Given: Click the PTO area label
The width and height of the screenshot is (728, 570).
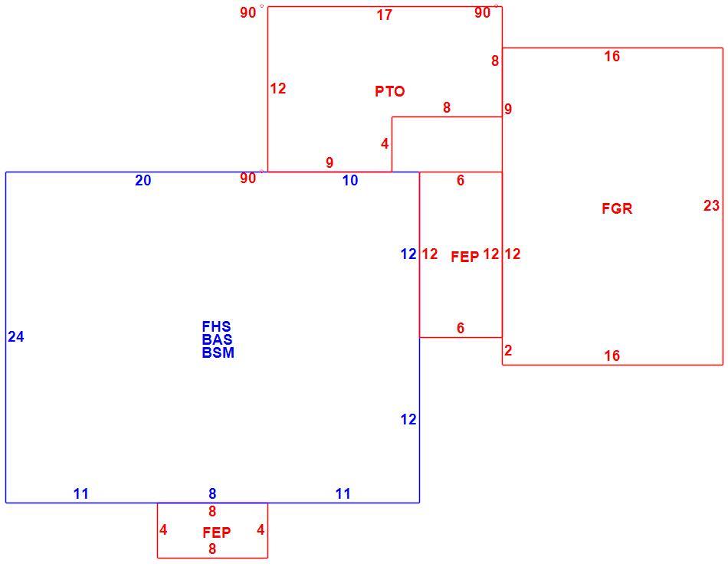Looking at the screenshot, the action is pos(389,91).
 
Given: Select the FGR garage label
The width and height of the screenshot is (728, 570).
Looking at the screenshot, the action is pos(617,208).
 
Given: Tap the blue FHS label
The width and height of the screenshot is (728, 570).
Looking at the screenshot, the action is pos(216,326).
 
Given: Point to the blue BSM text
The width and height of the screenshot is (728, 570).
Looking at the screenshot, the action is pos(218,352).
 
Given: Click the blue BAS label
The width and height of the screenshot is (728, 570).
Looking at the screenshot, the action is pos(217,339).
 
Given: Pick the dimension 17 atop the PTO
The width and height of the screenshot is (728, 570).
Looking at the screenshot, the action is pos(385,15).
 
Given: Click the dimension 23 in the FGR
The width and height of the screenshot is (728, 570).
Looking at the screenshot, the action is pos(711,205).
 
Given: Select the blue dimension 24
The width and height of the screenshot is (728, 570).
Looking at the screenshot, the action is pos(16,336).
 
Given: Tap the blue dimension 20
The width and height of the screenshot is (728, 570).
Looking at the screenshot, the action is pos(143,180).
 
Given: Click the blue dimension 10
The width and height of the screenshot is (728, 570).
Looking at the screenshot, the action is pos(350,181).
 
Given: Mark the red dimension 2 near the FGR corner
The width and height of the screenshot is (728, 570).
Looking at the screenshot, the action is pos(508,350).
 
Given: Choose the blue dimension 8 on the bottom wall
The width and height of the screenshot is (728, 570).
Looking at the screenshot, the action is pos(212,494).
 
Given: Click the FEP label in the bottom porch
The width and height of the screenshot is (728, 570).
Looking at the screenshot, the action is pos(216,532).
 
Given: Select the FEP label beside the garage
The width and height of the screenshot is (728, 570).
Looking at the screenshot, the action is pos(464,257).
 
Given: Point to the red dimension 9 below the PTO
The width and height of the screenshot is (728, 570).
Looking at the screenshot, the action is pos(330,162).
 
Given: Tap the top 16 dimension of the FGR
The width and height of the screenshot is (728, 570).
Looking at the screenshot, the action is pos(612,56).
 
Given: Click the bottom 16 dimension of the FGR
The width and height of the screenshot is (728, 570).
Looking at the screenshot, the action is pos(612,355).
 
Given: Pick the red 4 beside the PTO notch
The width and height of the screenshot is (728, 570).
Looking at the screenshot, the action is pos(385,144).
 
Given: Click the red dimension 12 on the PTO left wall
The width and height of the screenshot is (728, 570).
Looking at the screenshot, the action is pos(277,88).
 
